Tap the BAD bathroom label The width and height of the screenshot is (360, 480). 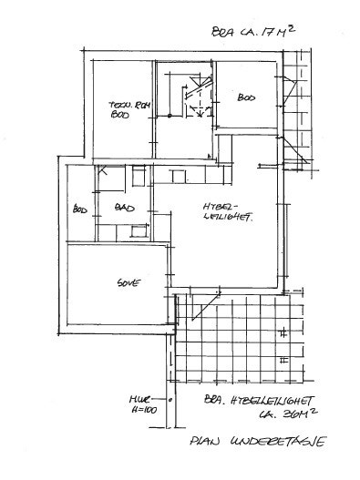tap(124, 209)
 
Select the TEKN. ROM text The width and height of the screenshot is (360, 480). tap(122, 104)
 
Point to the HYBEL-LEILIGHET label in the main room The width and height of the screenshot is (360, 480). tap(225, 212)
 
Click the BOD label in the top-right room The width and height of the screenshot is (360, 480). tap(246, 97)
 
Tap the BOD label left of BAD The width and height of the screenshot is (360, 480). tap(79, 209)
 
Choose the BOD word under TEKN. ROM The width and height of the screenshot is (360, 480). tap(119, 117)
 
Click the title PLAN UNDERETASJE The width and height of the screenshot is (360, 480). tap(257, 444)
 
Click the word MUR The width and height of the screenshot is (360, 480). tap(138, 398)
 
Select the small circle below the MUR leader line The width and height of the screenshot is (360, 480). tap(170, 400)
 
